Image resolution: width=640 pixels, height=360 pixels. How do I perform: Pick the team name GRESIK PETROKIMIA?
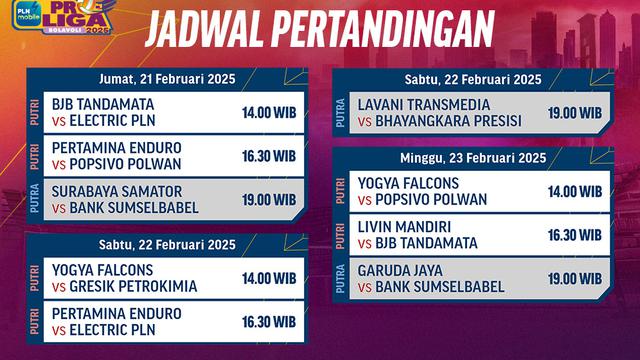coord(133,286)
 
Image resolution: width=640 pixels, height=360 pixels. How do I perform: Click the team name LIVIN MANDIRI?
coord(404,227)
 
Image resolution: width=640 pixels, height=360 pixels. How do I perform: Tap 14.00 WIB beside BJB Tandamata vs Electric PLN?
coord(268,113)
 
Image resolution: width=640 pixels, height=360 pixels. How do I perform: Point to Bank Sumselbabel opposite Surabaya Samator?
coord(133,208)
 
